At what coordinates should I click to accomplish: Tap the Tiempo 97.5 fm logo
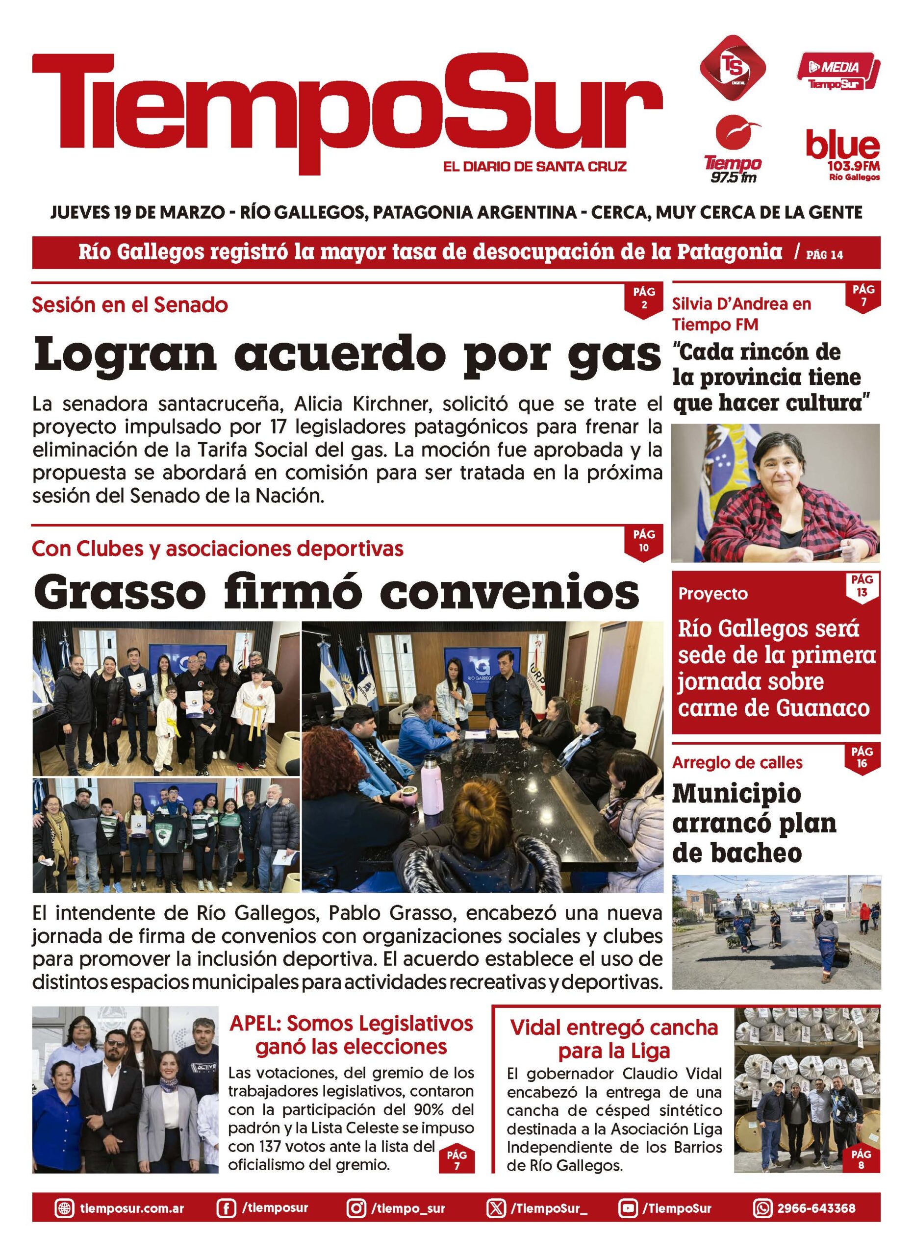click(733, 150)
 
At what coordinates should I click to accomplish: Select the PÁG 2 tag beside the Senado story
click(644, 298)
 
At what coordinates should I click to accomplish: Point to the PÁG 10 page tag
click(644, 541)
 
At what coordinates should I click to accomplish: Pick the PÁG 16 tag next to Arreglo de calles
click(862, 757)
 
